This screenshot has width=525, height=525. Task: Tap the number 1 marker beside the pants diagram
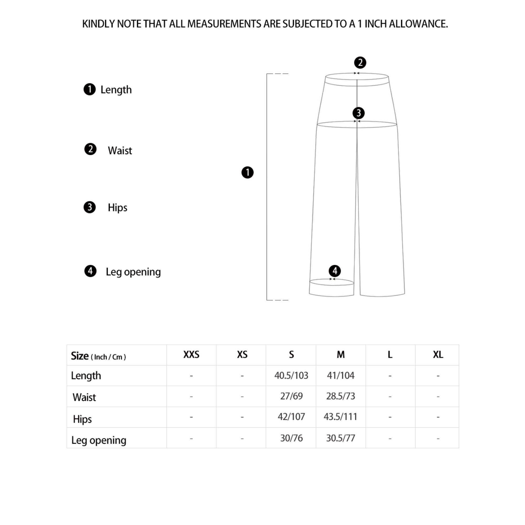247,172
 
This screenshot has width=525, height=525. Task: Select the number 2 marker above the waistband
360,62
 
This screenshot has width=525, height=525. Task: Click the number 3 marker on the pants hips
358,113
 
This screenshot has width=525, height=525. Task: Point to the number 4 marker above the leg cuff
334,271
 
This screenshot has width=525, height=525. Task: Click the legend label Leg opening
133,272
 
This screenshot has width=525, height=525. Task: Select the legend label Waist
120,150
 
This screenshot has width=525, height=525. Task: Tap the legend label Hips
117,208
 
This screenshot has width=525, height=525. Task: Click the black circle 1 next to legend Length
90,90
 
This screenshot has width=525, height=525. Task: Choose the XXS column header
191,355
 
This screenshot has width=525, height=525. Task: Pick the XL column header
438,355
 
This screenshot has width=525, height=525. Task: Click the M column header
340,355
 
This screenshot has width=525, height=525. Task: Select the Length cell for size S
291,376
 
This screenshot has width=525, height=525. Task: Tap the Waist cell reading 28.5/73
340,396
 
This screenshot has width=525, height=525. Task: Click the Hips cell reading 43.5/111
340,417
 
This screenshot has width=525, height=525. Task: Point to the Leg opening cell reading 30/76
291,438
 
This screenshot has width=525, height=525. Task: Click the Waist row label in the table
84,397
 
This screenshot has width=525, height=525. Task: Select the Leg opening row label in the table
99,440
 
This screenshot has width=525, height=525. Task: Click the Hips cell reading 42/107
291,417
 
